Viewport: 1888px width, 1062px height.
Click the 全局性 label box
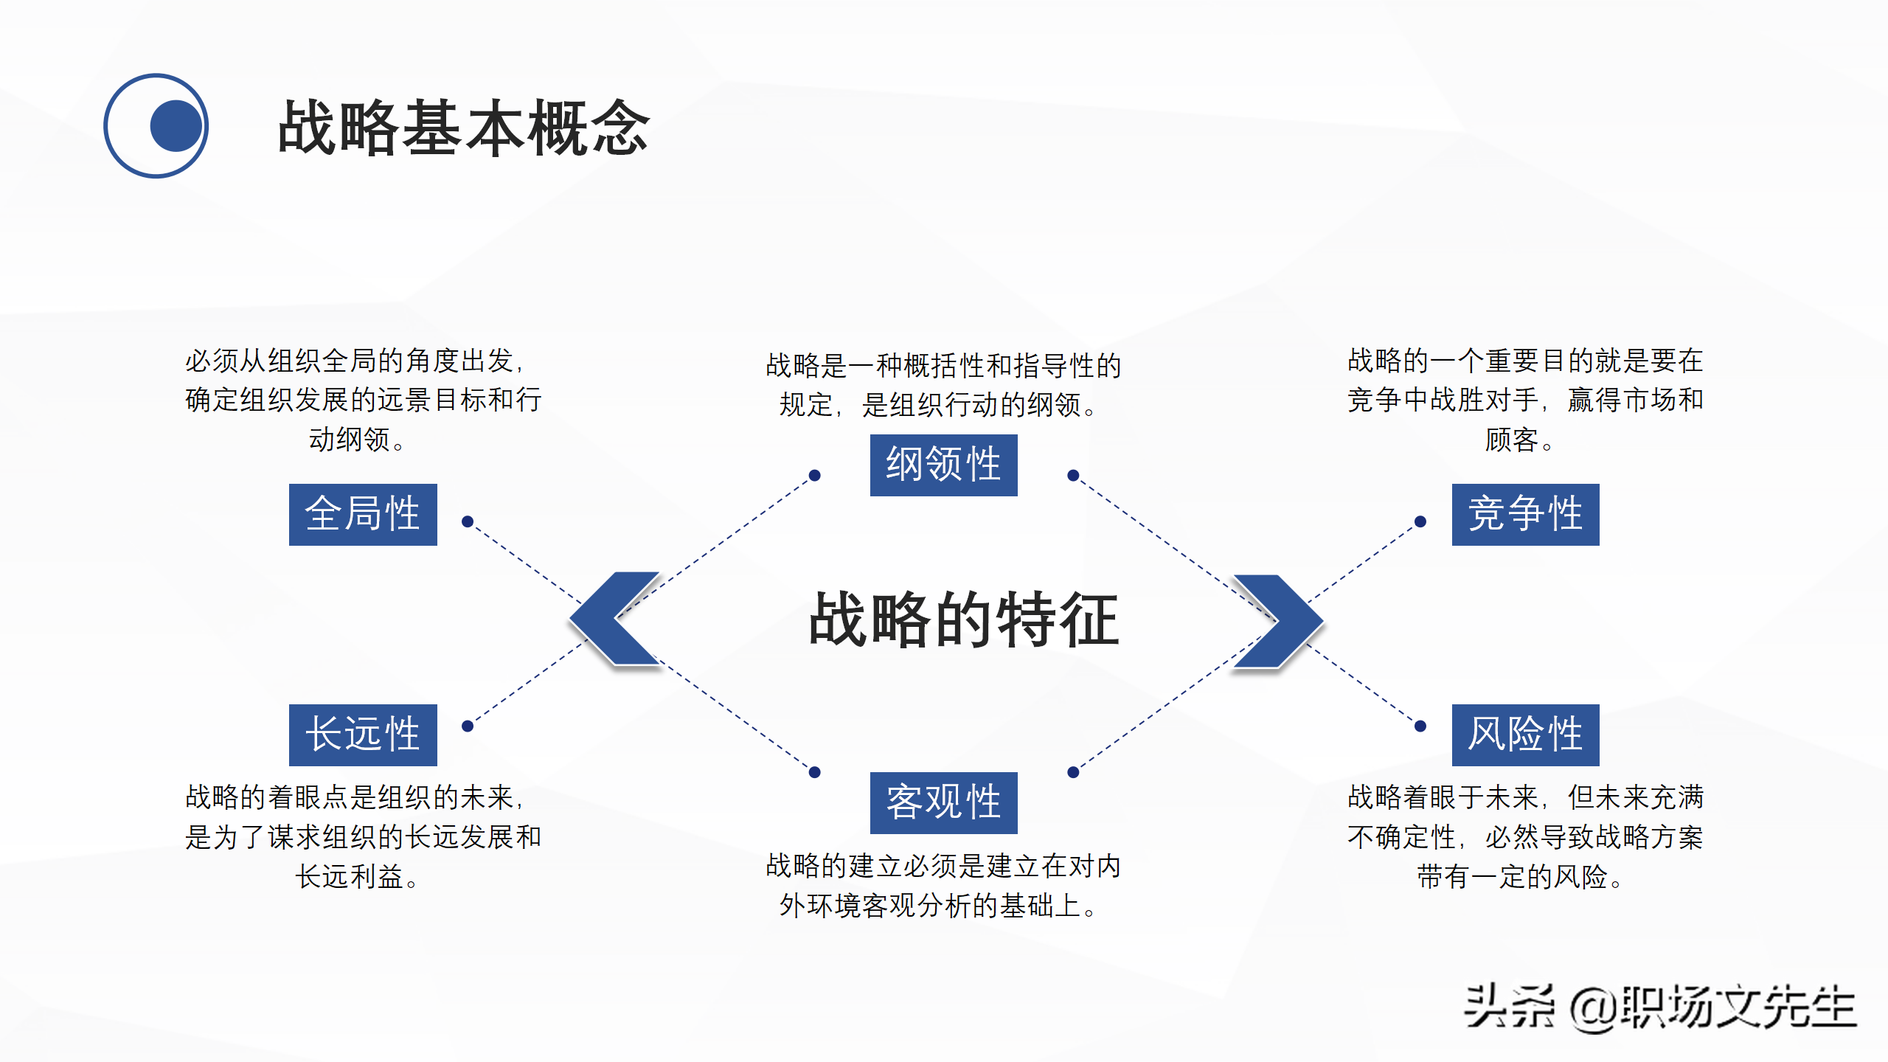[x=363, y=514]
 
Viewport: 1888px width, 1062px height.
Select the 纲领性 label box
[x=943, y=465]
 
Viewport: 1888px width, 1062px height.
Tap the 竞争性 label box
[x=1525, y=514]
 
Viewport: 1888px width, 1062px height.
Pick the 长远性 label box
[x=363, y=735]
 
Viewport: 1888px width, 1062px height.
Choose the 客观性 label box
[x=943, y=802]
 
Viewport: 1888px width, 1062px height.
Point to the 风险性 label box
[x=1525, y=735]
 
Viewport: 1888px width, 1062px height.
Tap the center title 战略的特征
[x=963, y=619]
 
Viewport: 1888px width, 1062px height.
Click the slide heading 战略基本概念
[x=463, y=128]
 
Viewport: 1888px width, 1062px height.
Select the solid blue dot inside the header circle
[x=176, y=125]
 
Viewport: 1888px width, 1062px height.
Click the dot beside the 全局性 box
[x=467, y=521]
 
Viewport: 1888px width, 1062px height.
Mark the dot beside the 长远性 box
[x=467, y=726]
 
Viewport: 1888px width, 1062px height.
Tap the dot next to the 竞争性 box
[x=1420, y=521]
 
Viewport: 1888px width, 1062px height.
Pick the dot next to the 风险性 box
[x=1420, y=726]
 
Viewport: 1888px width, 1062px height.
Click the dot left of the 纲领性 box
[x=814, y=475]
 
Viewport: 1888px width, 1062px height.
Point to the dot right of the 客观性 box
[x=1073, y=772]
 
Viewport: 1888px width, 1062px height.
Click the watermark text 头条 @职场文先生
[x=1659, y=1007]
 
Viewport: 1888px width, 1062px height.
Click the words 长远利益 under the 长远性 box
[x=349, y=877]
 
